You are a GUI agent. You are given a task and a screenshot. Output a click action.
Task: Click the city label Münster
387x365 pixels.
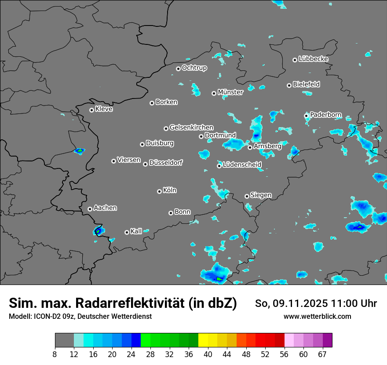pyautogui.click(x=230, y=92)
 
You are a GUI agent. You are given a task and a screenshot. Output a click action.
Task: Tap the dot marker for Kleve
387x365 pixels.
pyautogui.click(x=91, y=110)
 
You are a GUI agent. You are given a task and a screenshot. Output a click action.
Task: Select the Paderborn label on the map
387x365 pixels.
pyautogui.click(x=326, y=115)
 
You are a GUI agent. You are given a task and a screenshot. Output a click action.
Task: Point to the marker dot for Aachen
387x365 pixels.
pyautogui.click(x=90, y=209)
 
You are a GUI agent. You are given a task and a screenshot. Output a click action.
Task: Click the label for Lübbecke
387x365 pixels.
pyautogui.click(x=313, y=59)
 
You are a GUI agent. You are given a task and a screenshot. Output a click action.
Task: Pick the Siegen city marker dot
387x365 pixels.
pyautogui.click(x=247, y=196)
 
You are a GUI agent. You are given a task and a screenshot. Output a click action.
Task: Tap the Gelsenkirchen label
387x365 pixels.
pyautogui.click(x=191, y=128)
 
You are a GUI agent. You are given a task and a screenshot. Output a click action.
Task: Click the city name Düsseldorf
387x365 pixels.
pyautogui.click(x=166, y=163)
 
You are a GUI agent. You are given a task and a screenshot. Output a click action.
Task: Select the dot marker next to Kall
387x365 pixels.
pyautogui.click(x=127, y=232)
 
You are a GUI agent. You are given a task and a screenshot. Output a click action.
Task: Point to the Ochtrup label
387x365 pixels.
pyautogui.click(x=194, y=68)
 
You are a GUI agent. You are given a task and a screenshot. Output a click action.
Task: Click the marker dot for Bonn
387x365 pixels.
pyautogui.click(x=171, y=213)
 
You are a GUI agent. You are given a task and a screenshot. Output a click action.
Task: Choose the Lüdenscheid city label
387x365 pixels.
pyautogui.click(x=242, y=165)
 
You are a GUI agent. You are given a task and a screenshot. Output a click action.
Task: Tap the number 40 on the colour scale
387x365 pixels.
pyautogui.click(x=208, y=354)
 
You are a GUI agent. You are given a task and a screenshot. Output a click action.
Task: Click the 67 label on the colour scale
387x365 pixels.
pyautogui.click(x=322, y=354)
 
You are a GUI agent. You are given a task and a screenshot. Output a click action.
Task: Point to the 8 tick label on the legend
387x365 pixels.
pyautogui.click(x=55, y=354)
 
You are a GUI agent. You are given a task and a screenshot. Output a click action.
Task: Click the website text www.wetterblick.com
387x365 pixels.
pyautogui.click(x=317, y=317)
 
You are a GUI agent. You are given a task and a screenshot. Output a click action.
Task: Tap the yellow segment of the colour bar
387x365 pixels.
pyautogui.click(x=203, y=340)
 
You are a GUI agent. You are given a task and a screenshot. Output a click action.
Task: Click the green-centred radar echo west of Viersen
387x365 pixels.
pyautogui.click(x=80, y=151)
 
